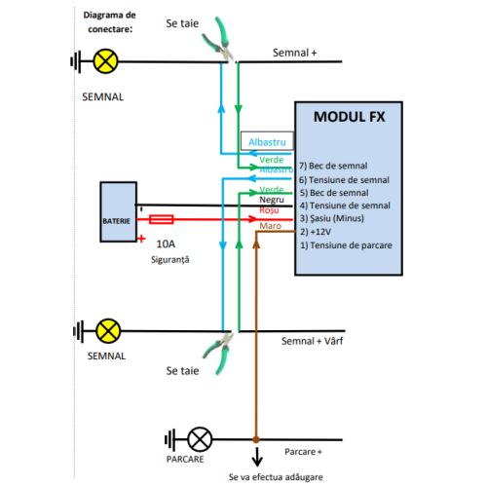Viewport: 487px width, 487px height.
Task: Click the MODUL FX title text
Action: coord(348,117)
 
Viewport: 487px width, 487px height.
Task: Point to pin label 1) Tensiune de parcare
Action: coord(346,245)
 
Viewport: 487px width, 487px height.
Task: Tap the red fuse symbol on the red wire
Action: coord(163,220)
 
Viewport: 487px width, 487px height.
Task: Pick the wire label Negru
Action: coord(273,199)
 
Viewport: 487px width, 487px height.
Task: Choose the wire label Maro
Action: coord(271,226)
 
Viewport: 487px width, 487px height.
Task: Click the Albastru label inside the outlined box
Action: coord(269,141)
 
